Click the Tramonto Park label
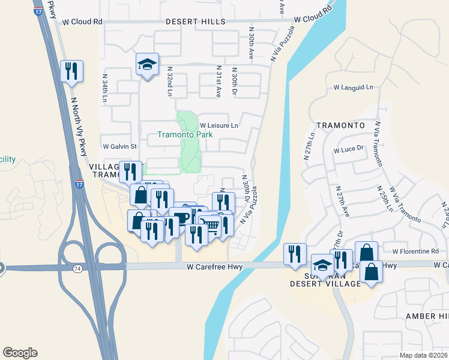click(185, 135)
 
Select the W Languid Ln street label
click(352, 88)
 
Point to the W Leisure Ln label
click(219, 125)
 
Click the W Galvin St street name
click(120, 146)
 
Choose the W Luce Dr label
click(349, 149)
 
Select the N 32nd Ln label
click(170, 82)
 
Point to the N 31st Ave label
click(218, 82)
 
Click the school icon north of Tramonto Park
click(146, 64)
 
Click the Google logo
click(20, 353)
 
